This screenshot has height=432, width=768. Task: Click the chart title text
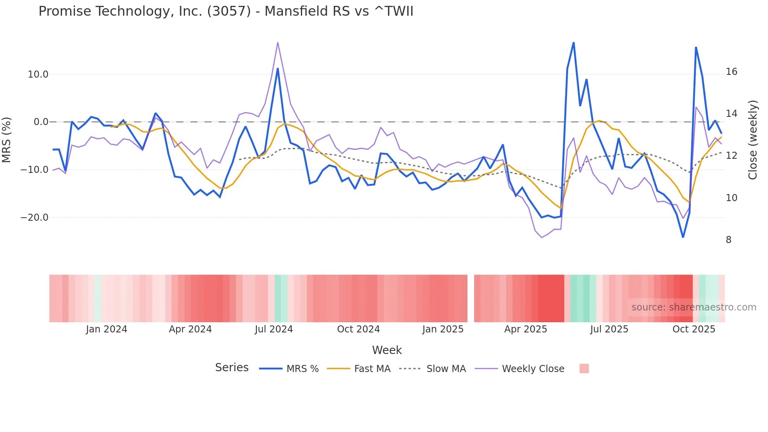226,11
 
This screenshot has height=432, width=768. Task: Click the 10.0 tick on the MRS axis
38,74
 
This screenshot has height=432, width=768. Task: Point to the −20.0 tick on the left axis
34,218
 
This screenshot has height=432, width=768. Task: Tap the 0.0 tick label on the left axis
41,122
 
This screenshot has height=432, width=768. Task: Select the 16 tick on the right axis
731,72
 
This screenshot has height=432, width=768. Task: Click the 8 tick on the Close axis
728,240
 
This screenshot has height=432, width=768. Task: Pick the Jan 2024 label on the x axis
107,329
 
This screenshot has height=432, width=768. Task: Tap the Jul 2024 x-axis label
274,329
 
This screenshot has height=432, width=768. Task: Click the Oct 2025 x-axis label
694,329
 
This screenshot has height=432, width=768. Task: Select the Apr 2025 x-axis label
525,329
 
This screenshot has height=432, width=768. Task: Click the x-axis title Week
387,350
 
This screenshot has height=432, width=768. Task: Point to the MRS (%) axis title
7,140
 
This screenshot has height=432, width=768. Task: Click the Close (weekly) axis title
752,140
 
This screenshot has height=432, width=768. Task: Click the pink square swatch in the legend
584,368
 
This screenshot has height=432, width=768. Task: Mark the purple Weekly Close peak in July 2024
277,42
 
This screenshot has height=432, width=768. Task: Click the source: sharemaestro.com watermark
694,307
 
